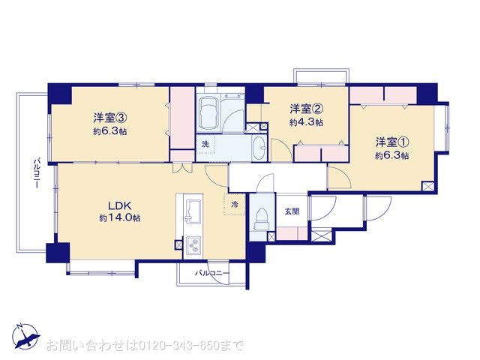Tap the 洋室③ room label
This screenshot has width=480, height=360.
110,118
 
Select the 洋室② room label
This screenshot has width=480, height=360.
306,109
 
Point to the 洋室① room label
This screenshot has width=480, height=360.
392,142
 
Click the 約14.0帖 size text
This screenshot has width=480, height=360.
120,217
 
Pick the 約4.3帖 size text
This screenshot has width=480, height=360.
306,122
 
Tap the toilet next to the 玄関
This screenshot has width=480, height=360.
262,219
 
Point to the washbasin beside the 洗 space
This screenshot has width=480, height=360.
260,148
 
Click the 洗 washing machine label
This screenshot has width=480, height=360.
205,144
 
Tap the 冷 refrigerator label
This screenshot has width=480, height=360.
235,205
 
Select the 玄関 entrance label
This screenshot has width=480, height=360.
292,211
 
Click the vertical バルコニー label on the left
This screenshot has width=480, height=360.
37,173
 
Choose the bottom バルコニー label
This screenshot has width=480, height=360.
212,273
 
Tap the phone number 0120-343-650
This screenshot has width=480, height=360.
178,346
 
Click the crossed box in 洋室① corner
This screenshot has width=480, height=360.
428,187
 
